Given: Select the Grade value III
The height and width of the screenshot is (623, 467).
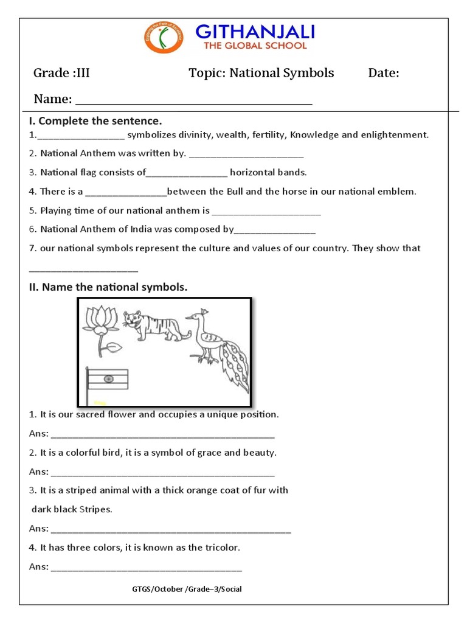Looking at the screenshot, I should point(81,74).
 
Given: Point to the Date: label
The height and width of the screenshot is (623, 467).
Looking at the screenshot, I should point(384,74).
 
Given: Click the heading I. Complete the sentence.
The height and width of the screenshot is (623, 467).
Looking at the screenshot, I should point(95,121).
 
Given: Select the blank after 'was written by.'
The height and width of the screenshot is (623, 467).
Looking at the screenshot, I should point(246,154).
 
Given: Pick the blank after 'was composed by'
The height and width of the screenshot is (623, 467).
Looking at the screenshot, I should point(275,230).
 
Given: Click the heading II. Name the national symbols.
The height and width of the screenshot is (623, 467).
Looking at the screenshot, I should point(108,287).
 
